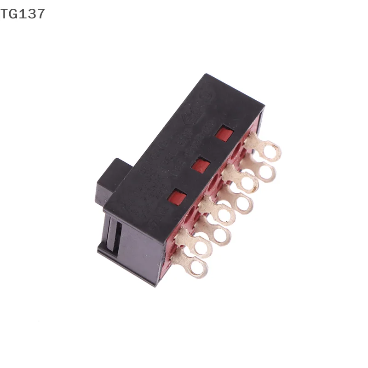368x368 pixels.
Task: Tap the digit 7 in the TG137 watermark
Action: [40, 14]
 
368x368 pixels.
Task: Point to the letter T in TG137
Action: [4, 14]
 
